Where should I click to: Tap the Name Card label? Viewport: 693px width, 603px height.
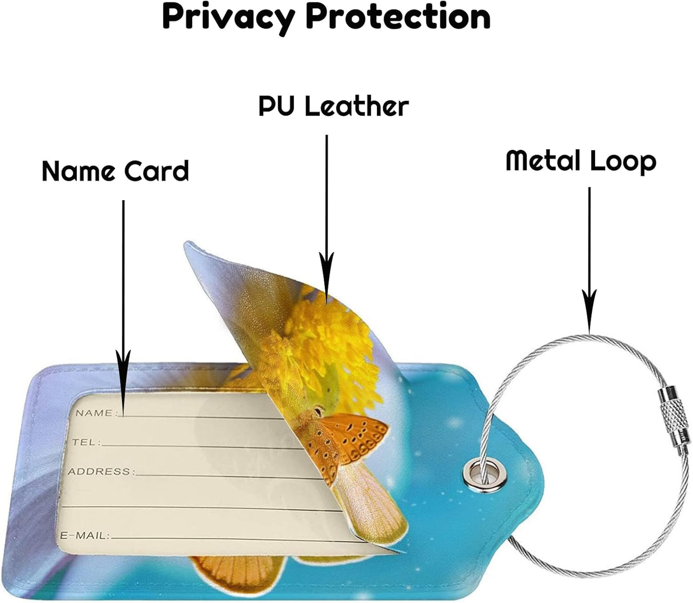coord(116,171)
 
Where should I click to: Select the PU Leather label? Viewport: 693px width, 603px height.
coord(334,106)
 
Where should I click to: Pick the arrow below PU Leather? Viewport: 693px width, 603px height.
coord(327,216)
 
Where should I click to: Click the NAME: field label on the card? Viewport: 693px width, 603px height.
coord(95,413)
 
